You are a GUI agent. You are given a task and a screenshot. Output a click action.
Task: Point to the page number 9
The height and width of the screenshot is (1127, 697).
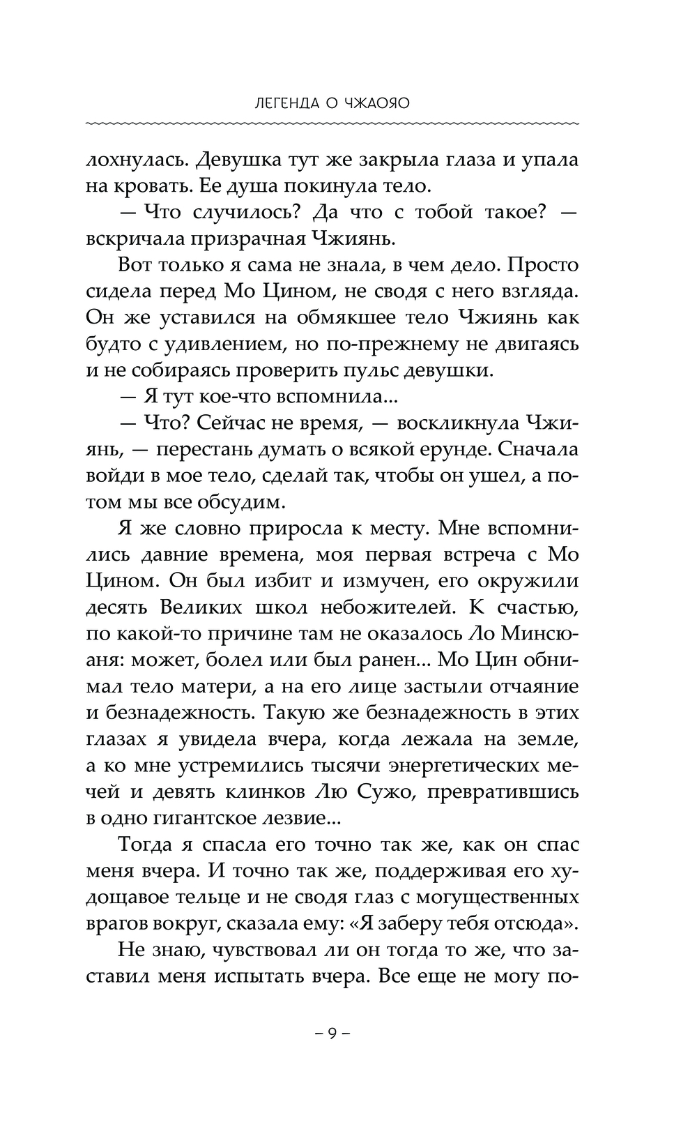pos(332,1033)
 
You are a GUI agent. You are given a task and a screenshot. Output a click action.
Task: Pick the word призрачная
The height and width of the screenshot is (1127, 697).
pos(252,239)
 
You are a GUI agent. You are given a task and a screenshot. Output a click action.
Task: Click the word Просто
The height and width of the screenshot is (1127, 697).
pos(546,265)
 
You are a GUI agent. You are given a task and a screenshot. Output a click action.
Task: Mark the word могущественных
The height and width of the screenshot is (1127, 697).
pos(471,896)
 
